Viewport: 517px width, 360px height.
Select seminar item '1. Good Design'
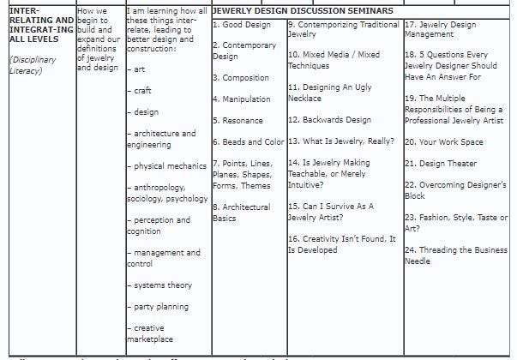[x=241, y=25]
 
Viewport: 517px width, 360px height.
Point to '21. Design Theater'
[x=440, y=164]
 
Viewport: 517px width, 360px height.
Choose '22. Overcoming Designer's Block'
[x=454, y=190]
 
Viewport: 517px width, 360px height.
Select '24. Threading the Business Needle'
[x=455, y=255]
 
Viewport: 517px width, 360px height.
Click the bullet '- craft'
[x=141, y=90]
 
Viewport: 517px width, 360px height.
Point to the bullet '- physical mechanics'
[x=166, y=165]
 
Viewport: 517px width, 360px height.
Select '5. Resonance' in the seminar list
[x=237, y=121]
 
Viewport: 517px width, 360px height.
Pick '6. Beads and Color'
[x=248, y=142]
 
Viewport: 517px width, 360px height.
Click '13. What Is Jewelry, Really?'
[x=340, y=142]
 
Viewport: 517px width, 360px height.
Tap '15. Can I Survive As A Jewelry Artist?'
[x=330, y=212]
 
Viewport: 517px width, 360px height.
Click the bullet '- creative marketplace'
[x=152, y=333]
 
